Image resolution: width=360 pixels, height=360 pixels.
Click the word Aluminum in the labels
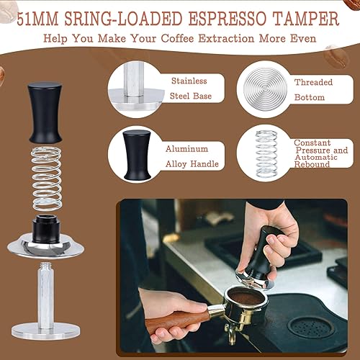185,148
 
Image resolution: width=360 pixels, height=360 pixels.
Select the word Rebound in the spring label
312,164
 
